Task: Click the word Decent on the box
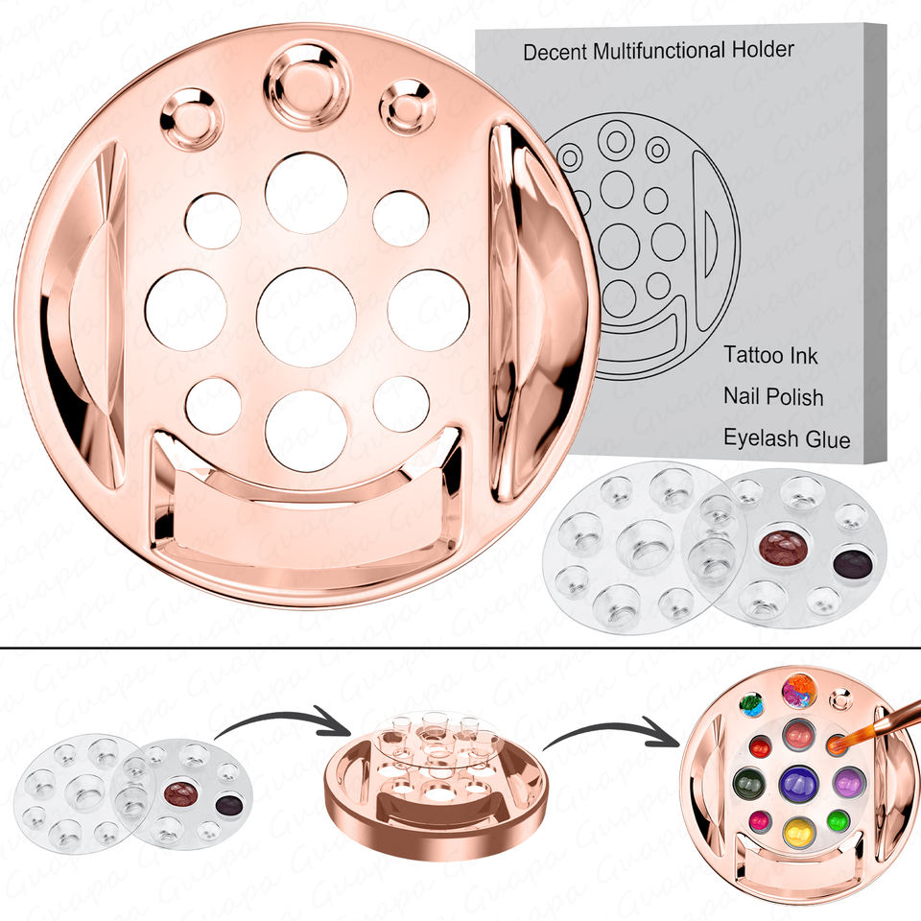tap(555, 52)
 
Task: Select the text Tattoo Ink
tap(770, 355)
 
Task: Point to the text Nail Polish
tap(773, 396)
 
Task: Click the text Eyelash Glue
tap(787, 438)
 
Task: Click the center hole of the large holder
tap(306, 317)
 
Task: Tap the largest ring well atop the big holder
tap(307, 86)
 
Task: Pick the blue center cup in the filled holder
tap(799, 784)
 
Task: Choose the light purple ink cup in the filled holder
tap(849, 783)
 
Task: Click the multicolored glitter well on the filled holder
tap(799, 691)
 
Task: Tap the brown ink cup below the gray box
tap(784, 545)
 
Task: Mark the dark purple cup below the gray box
tap(853, 564)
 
